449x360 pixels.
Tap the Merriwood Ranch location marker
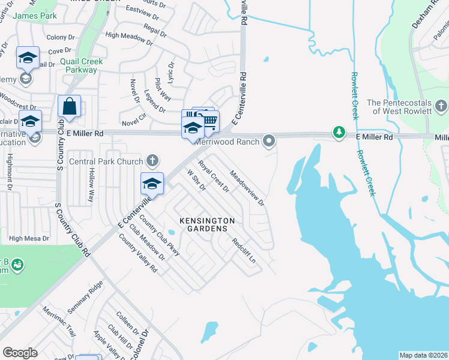270,142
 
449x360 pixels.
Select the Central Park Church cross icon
153,161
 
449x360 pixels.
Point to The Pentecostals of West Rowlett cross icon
441,107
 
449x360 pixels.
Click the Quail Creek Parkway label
82,65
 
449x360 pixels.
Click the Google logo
20,353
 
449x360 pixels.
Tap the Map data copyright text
423,355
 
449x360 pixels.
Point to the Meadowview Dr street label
247,188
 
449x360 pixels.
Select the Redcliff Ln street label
244,251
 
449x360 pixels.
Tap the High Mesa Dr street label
29,239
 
